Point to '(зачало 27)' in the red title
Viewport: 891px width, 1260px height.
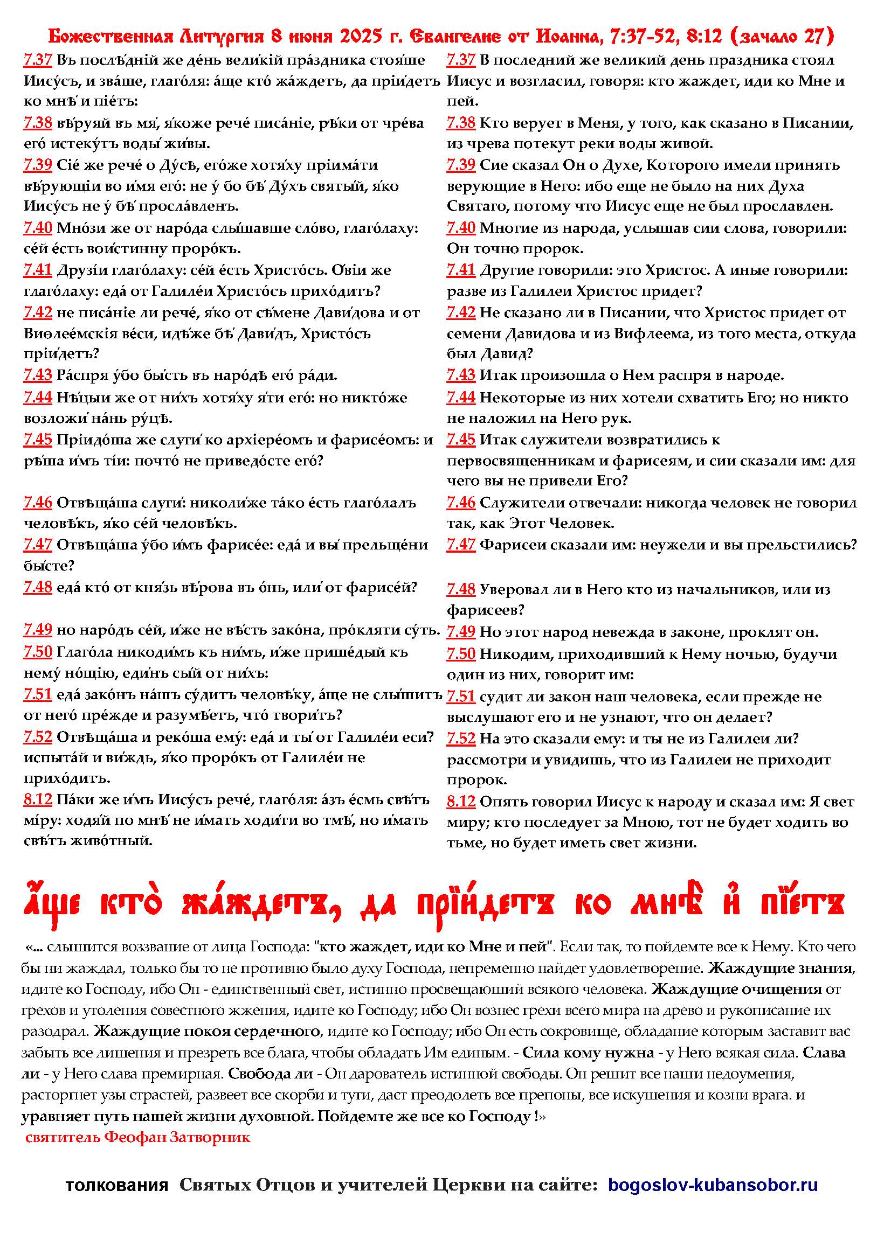[783, 37]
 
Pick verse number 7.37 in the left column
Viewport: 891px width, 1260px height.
[37, 60]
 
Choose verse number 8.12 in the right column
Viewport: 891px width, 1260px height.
[461, 802]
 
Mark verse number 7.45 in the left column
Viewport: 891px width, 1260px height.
[37, 440]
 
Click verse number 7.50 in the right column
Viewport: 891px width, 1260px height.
[461, 653]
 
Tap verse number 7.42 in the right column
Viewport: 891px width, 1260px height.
[461, 313]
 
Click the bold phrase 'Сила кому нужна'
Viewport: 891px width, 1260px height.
[588, 1053]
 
